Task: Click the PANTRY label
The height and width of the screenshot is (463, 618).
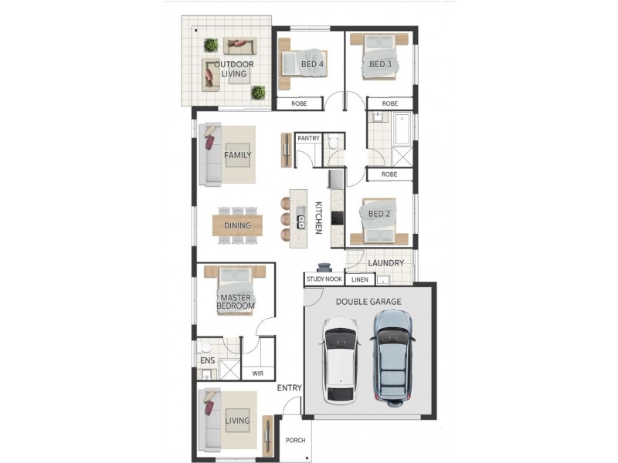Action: [x=308, y=138]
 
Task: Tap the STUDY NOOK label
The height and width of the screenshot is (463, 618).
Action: [x=324, y=279]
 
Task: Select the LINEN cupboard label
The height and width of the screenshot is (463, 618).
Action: [x=359, y=279]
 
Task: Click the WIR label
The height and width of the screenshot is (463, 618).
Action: [x=258, y=373]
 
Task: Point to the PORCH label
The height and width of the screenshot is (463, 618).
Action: [x=295, y=440]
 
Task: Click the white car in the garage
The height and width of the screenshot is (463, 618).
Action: [x=341, y=360]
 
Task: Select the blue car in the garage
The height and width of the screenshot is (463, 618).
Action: [x=392, y=358]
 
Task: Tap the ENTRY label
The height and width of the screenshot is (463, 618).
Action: [x=289, y=388]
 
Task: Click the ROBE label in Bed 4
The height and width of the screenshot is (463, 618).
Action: [x=299, y=103]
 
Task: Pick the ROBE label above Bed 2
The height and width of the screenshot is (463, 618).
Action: [x=389, y=174]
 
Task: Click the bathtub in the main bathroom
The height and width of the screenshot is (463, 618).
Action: [x=402, y=129]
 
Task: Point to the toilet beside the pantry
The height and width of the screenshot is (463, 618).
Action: [x=333, y=143]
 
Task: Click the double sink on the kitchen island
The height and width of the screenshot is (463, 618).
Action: [x=301, y=218]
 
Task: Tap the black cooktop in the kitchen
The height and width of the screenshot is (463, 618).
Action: [x=337, y=218]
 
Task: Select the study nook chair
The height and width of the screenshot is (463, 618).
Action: [x=324, y=268]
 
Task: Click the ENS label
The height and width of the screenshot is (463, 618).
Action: [x=208, y=360]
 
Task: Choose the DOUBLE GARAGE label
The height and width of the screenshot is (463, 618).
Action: [x=368, y=302]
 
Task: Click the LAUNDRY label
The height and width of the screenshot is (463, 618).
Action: [x=385, y=262]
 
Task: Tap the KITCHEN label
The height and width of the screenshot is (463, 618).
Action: [x=318, y=218]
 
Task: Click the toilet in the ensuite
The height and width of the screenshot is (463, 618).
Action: [x=205, y=347]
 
